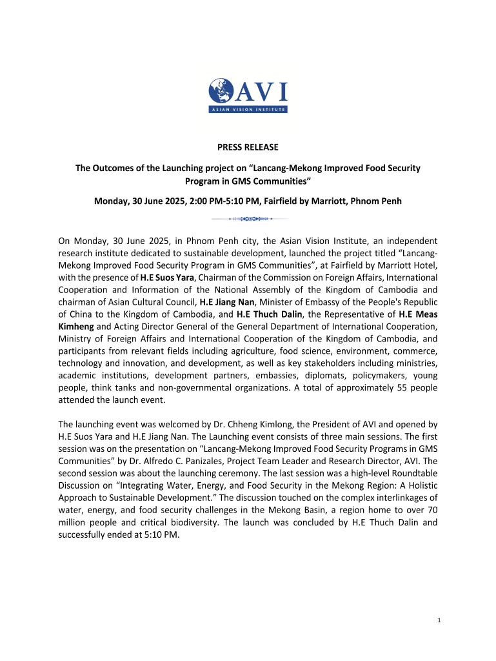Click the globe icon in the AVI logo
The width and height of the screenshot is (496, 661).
pyautogui.click(x=221, y=92)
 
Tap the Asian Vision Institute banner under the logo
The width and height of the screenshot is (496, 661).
pyautogui.click(x=248, y=110)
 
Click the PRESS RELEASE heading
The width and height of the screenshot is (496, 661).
pyautogui.click(x=248, y=148)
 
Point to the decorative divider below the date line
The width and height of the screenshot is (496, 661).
pyautogui.click(x=248, y=219)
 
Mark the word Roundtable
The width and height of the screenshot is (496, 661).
pyautogui.click(x=414, y=473)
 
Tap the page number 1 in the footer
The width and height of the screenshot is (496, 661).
pyautogui.click(x=439, y=620)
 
